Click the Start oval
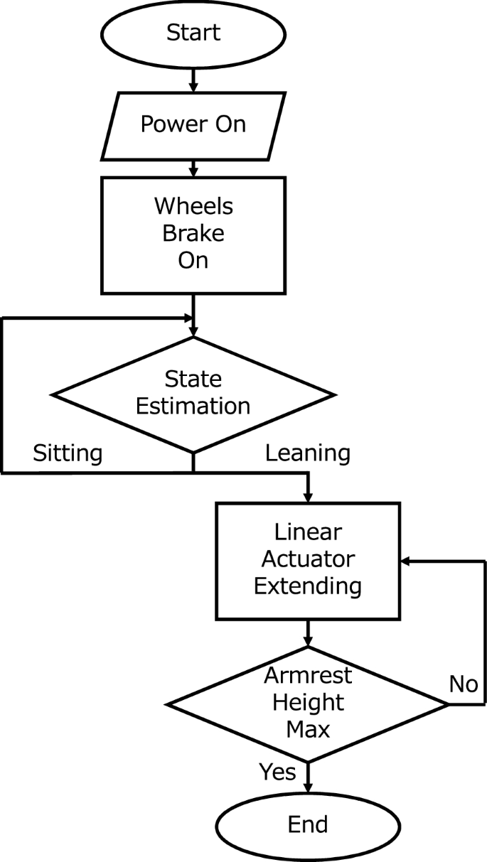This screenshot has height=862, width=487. pyautogui.click(x=193, y=32)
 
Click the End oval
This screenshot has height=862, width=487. pyautogui.click(x=308, y=824)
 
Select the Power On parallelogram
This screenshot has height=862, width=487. pyautogui.click(x=193, y=124)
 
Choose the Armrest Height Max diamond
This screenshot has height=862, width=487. pyautogui.click(x=308, y=704)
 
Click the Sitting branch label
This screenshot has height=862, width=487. pyautogui.click(x=68, y=453)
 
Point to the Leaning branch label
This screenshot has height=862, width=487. pyautogui.click(x=307, y=453)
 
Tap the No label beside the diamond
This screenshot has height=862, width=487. pyautogui.click(x=464, y=684)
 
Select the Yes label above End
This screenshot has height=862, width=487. pyautogui.click(x=277, y=771)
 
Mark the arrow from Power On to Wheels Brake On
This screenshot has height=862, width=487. pyautogui.click(x=193, y=168)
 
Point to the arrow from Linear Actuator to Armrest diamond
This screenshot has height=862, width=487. pyautogui.click(x=308, y=632)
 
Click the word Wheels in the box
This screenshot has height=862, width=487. pyautogui.click(x=193, y=207)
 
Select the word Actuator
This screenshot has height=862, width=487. pyautogui.click(x=308, y=560)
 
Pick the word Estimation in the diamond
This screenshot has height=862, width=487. pyautogui.click(x=193, y=406)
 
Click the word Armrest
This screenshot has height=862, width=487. pyautogui.click(x=308, y=676)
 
